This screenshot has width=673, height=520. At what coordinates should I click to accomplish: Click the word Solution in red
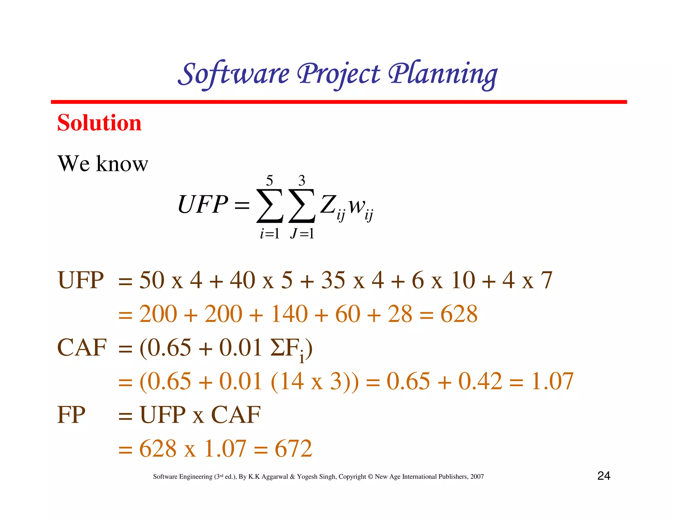(x=99, y=123)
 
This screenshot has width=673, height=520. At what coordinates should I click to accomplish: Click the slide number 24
(x=604, y=476)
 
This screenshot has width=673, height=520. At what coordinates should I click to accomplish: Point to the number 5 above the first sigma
(x=269, y=180)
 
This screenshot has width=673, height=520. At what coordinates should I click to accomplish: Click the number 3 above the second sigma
(x=302, y=180)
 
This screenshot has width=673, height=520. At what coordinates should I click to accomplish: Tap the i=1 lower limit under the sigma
(x=269, y=234)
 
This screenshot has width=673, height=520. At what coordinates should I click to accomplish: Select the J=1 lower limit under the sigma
(x=302, y=234)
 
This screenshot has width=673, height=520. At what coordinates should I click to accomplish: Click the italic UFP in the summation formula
(x=202, y=204)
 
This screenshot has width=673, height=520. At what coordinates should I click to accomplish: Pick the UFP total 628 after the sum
(x=459, y=314)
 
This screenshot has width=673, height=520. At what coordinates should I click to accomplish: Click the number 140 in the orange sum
(x=289, y=314)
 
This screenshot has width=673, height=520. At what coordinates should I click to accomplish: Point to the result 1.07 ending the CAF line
(x=552, y=381)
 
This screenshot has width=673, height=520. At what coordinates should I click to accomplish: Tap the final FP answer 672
(x=293, y=448)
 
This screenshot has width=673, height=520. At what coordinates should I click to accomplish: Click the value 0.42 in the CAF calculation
(x=480, y=381)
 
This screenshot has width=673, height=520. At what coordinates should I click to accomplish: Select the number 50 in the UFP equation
(x=152, y=280)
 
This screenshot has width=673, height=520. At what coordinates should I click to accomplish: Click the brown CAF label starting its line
(x=82, y=348)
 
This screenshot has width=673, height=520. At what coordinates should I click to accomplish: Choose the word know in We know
(x=122, y=164)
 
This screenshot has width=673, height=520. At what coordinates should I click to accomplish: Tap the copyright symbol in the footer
(x=370, y=477)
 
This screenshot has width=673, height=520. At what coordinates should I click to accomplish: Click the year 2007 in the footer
(x=477, y=477)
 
